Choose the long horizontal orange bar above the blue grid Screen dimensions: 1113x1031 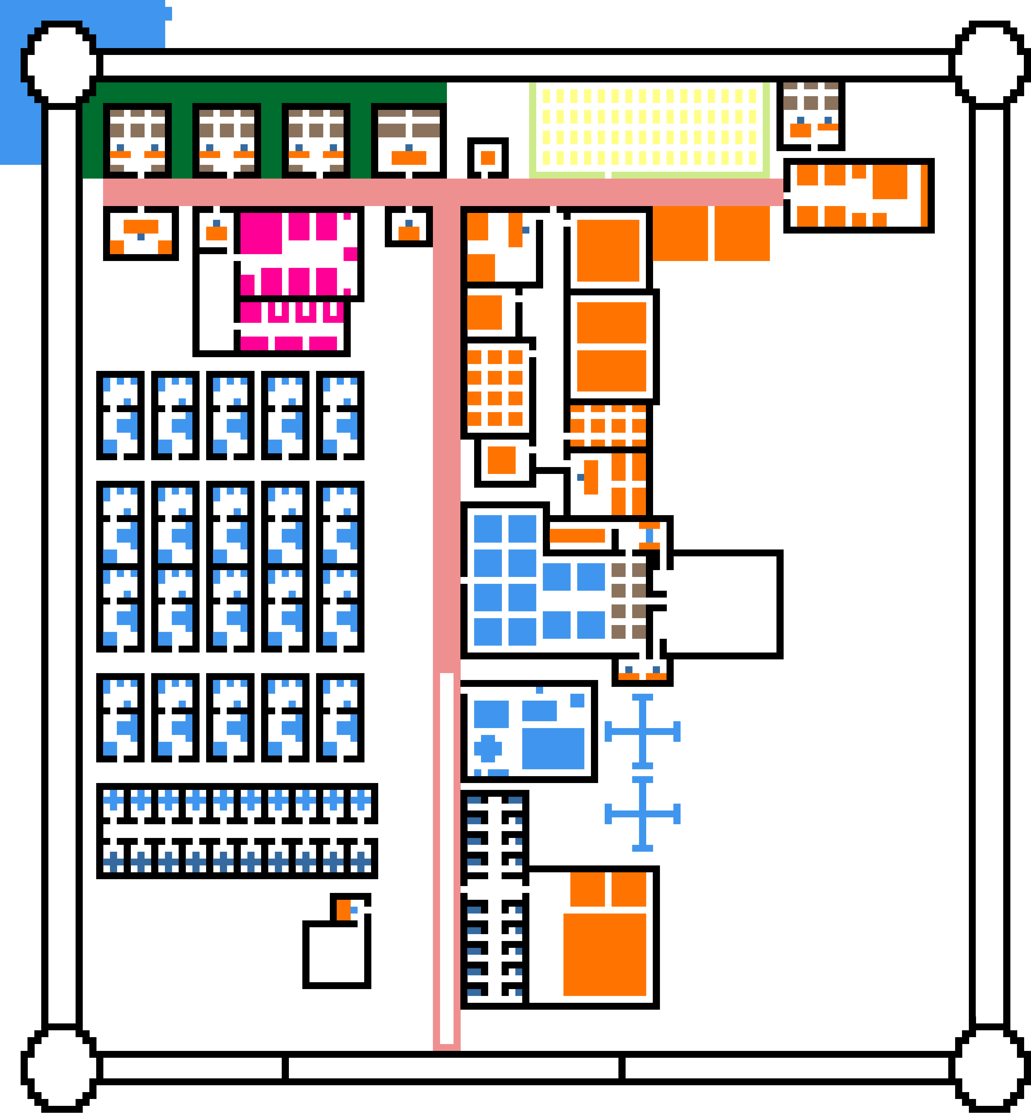tap(577, 535)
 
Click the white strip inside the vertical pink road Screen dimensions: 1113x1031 tap(446, 859)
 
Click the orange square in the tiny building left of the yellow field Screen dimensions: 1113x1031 tap(488, 158)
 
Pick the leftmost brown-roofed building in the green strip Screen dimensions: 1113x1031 tap(137, 141)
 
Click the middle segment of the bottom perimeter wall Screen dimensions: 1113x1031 tap(453, 1068)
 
